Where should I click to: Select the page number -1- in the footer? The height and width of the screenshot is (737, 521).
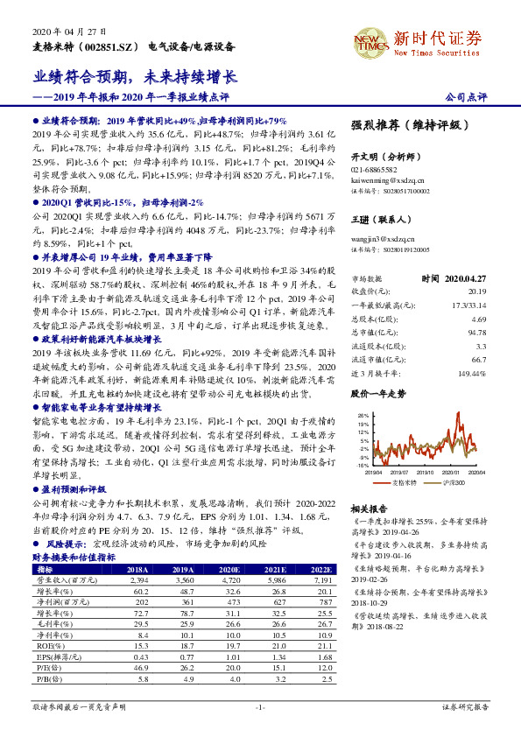pyautogui.click(x=260, y=705)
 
